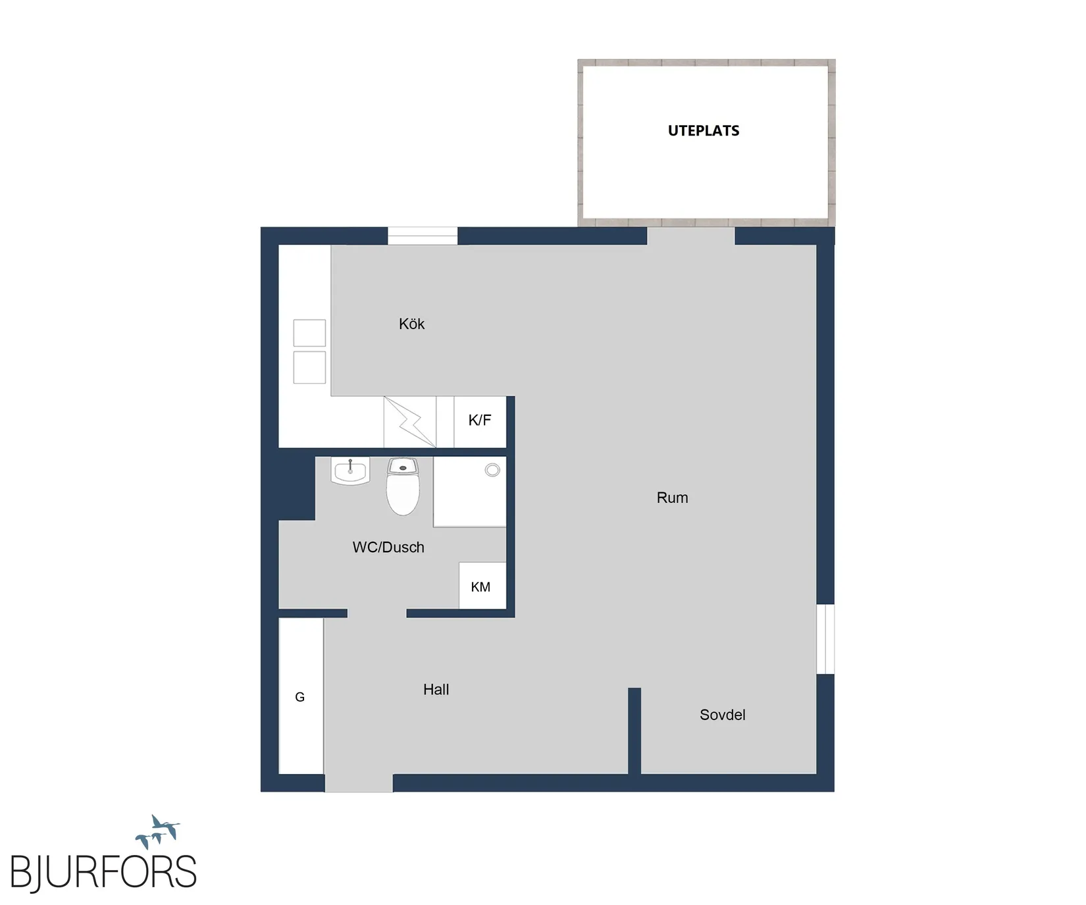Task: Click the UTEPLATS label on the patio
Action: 704,130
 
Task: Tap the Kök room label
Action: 411,324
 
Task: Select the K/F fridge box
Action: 480,422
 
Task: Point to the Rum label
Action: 672,498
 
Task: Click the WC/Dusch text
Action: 388,547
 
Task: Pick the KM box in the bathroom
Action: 482,586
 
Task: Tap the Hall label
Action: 436,689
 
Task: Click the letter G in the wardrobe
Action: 299,697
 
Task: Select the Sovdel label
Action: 722,715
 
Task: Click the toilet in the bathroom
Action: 403,486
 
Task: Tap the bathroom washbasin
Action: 350,471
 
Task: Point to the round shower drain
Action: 492,470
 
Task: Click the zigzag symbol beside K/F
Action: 410,422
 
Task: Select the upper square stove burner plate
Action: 309,333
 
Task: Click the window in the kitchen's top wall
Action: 423,236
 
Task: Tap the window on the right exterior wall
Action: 825,639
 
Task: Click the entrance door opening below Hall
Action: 359,783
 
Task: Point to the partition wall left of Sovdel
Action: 634,731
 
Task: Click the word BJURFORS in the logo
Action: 103,873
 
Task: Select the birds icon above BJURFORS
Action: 158,832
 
